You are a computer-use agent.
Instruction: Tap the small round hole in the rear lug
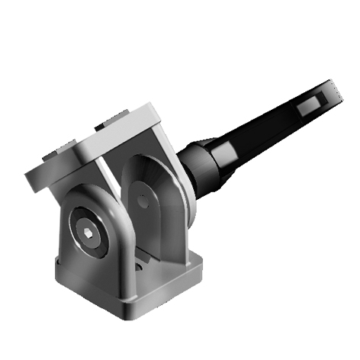pyautogui.click(x=142, y=200)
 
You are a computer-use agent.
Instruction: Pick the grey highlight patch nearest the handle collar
pyautogui.click(x=227, y=157)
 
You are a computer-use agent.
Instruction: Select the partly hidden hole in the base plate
pyautogui.click(x=140, y=268)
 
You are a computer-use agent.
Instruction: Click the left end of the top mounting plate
pyautogui.click(x=31, y=179)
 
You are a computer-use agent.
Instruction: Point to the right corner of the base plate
pyautogui.click(x=201, y=266)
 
